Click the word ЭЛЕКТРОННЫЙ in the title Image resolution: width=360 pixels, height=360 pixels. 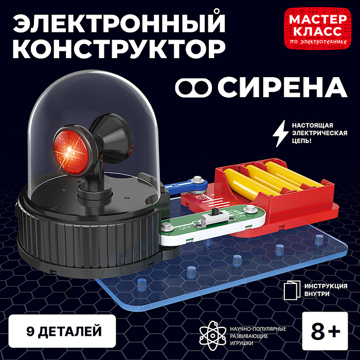click(118, 25)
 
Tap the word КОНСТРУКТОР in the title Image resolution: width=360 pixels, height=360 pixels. click(118, 49)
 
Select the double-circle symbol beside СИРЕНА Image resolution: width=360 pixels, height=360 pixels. click(194, 87)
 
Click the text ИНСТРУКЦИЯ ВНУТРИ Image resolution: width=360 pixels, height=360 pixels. click(325, 290)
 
